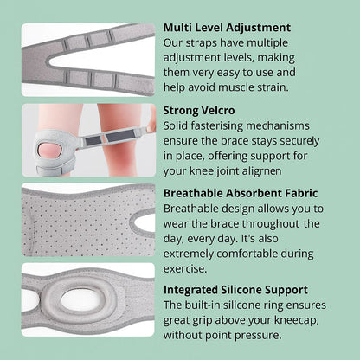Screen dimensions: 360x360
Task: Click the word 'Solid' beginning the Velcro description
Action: tap(179, 128)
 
